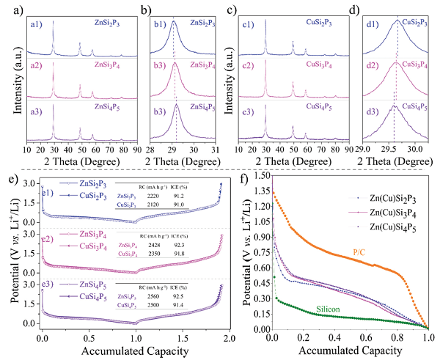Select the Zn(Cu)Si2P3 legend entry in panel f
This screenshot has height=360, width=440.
click(394, 198)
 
